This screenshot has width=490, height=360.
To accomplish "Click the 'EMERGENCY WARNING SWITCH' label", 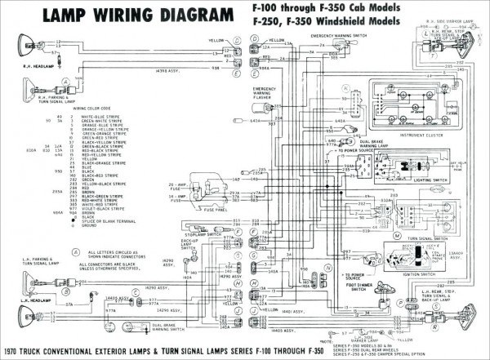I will point(337,36).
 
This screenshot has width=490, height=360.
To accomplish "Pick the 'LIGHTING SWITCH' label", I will point(430,180).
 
